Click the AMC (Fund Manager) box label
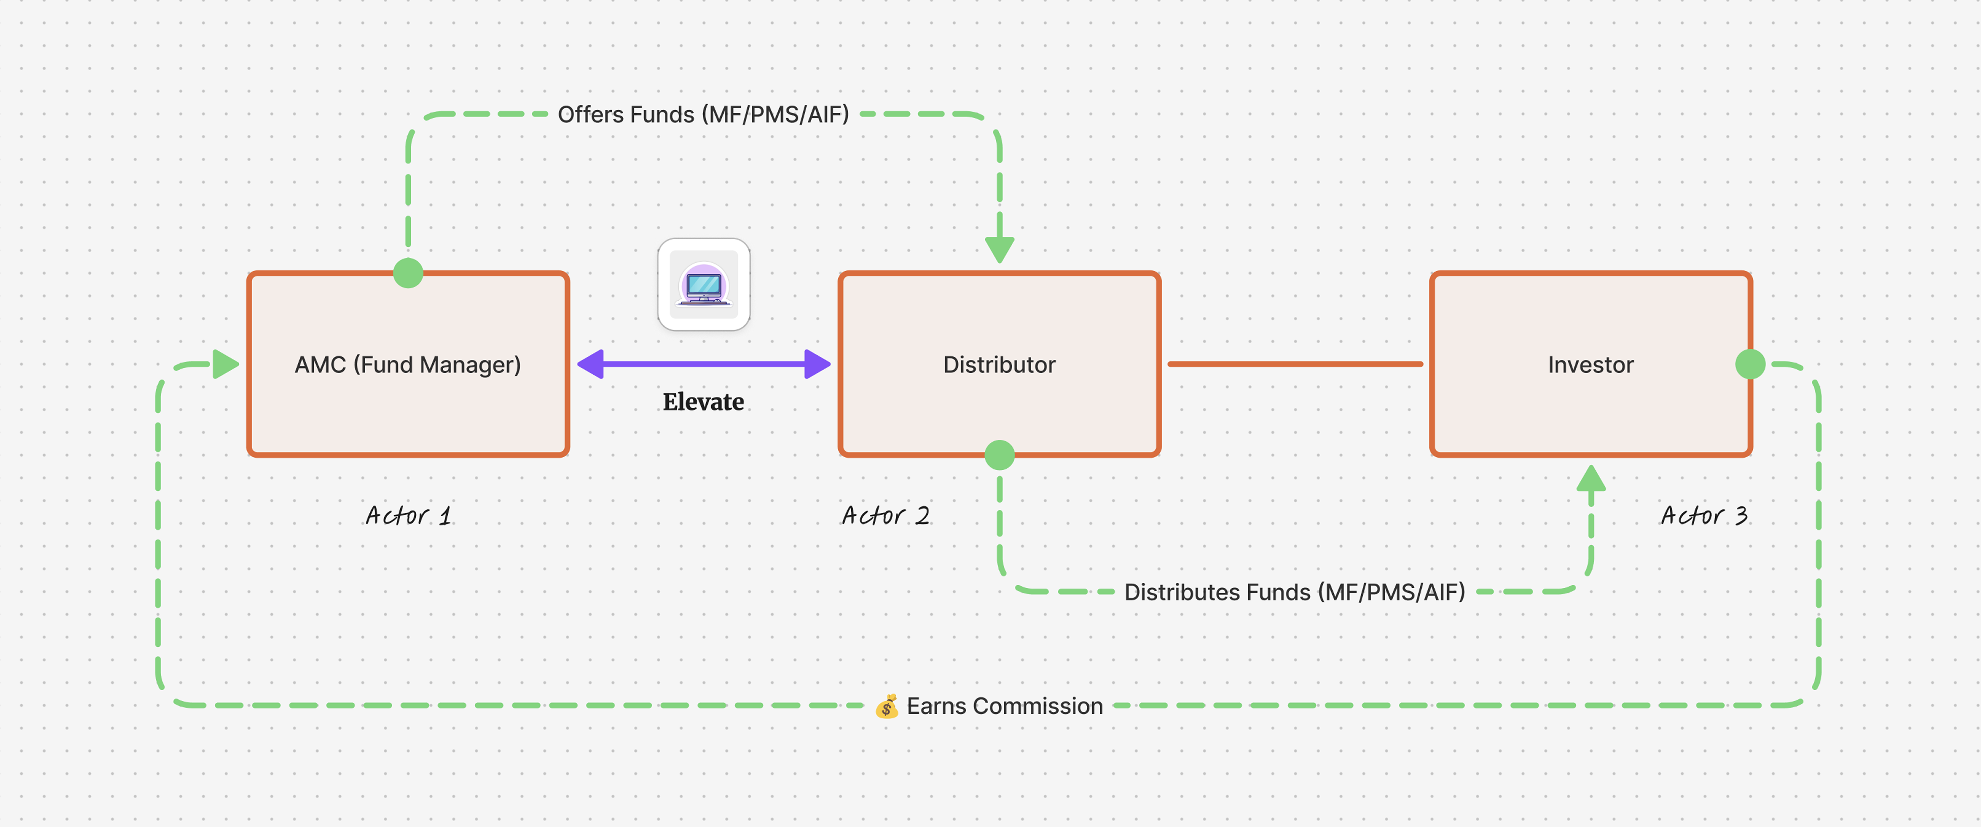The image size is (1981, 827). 408,365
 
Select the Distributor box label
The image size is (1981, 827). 999,365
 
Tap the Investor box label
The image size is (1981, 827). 1590,365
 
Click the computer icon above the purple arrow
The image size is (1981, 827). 704,285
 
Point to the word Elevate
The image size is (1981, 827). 703,402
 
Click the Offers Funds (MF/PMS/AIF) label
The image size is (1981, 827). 703,115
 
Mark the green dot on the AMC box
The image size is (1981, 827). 408,272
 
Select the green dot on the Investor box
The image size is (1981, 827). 1750,364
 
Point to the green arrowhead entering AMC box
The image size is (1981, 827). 225,364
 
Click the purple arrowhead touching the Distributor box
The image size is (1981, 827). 817,364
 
